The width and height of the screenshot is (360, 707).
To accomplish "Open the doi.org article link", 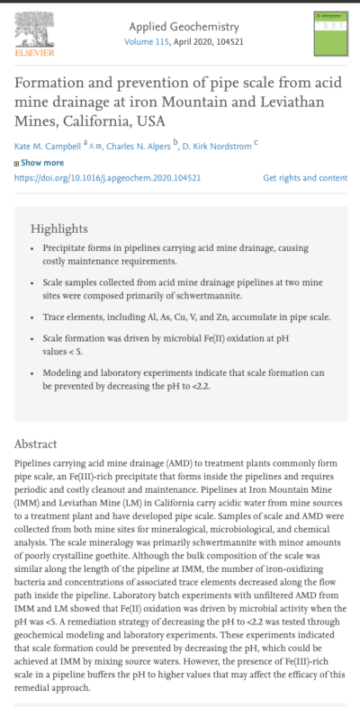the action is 106,178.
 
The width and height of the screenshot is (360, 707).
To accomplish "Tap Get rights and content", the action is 304,178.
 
